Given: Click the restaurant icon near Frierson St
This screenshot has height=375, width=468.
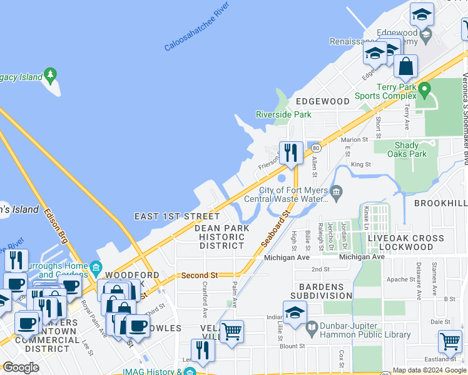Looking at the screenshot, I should pos(291,153).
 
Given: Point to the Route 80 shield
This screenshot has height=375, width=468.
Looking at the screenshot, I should pos(317,148).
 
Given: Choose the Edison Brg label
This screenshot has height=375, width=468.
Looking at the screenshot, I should pos(55,224).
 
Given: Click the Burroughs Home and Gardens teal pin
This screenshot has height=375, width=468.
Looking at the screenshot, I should pos(96,269).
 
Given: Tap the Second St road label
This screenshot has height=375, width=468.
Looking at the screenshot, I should pos(199,275).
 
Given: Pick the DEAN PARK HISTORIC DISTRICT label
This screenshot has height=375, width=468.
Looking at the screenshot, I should pos(221,237).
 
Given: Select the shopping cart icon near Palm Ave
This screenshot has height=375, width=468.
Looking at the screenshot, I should pos(232,331).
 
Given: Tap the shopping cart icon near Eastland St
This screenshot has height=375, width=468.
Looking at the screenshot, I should pos(450,341).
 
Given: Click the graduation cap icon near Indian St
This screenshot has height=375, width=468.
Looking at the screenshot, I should pos(295,312).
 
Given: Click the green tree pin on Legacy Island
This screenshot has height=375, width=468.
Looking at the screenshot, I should pos(51,77).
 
